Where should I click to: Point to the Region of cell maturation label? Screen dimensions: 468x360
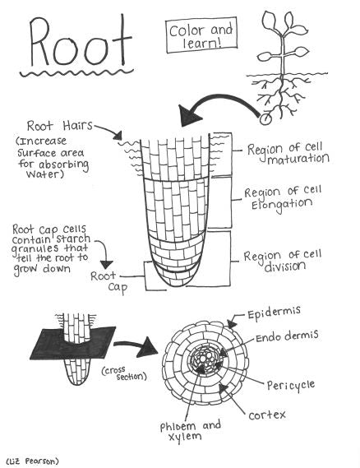(x=288, y=153)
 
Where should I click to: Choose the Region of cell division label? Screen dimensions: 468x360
(x=288, y=261)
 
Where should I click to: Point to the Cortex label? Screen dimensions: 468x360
(x=267, y=414)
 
